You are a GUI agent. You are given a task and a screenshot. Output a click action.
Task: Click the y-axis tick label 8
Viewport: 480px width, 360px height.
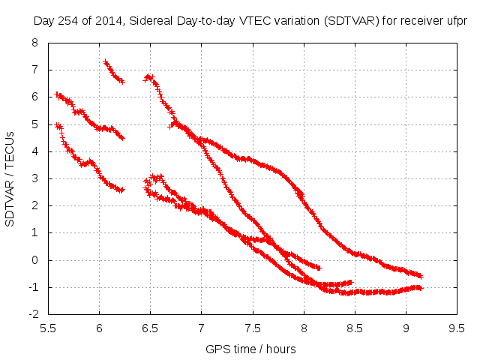(35, 43)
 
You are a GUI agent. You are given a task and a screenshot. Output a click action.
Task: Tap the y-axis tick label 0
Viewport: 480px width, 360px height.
(35, 260)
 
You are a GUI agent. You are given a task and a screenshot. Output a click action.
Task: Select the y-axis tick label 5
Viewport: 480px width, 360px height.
(35, 124)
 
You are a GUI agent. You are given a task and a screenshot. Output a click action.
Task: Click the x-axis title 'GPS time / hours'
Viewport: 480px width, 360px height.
(251, 349)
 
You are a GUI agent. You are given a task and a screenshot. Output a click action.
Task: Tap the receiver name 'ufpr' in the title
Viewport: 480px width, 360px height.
(455, 21)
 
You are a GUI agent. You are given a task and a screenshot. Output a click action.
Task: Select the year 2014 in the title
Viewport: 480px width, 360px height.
(108, 21)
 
